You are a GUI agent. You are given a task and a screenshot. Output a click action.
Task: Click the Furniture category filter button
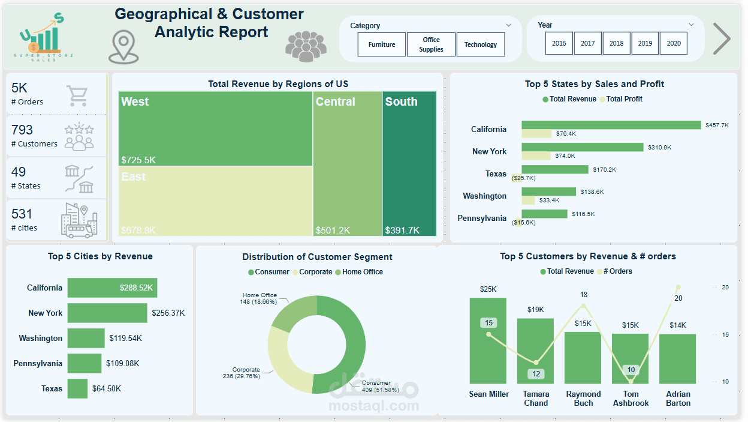(x=382, y=44)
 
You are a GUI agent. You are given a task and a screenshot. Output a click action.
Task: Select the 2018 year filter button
(x=616, y=43)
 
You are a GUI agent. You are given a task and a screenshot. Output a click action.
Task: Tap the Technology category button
(x=480, y=44)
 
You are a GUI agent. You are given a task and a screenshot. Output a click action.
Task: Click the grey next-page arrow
(x=722, y=39)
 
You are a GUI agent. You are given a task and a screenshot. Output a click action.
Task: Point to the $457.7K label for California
(x=717, y=125)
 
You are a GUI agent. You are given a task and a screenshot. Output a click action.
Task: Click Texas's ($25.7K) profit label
(x=524, y=178)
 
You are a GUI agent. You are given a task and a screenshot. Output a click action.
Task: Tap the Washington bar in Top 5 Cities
(x=86, y=338)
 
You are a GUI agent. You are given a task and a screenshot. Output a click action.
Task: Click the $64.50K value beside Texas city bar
(x=107, y=388)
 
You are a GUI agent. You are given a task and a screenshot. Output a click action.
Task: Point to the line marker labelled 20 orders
(x=678, y=288)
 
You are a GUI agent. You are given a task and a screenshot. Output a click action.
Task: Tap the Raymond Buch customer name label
(x=583, y=399)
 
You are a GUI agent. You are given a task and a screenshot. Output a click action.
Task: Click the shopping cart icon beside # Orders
(x=78, y=95)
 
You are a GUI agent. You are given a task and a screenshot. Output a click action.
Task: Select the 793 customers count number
(x=22, y=130)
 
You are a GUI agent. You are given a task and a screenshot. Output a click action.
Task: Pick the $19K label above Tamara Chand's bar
(x=535, y=310)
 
